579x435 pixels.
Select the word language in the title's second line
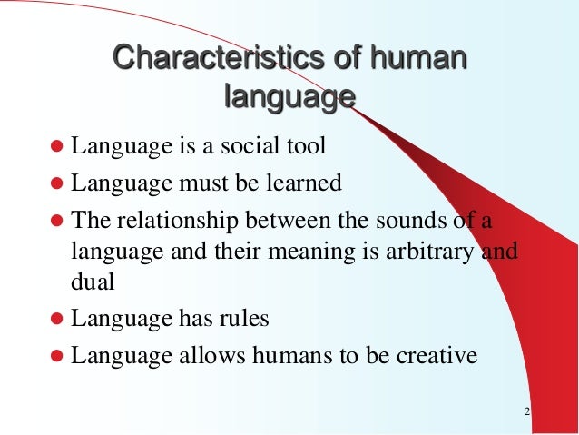[289, 95]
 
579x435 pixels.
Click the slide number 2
[527, 414]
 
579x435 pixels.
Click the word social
[257, 145]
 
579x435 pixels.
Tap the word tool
[309, 145]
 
